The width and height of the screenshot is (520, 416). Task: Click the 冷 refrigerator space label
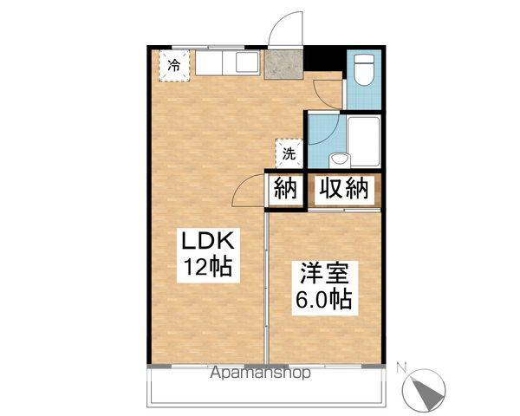click(x=174, y=65)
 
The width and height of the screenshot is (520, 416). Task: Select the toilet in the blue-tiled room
click(x=362, y=70)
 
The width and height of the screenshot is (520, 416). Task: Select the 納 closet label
click(x=286, y=188)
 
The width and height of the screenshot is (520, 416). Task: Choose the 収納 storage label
click(x=344, y=188)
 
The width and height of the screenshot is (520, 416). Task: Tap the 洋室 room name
click(x=325, y=275)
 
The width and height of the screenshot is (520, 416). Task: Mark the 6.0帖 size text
click(x=325, y=301)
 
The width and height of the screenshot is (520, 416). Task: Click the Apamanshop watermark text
click(x=261, y=374)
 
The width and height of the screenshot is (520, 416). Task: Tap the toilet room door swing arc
click(x=328, y=87)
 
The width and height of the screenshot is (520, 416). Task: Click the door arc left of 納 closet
click(x=251, y=186)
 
